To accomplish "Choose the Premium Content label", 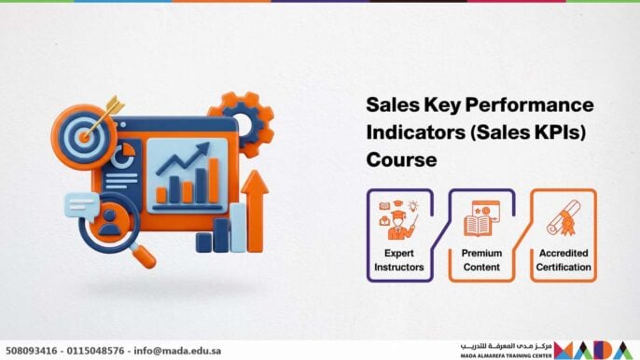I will pyautogui.click(x=482, y=260).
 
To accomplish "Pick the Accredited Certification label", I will pyautogui.click(x=563, y=260).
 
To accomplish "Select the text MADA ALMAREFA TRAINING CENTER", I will pyautogui.click(x=504, y=355).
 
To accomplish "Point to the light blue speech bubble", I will pyautogui.click(x=83, y=203).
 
